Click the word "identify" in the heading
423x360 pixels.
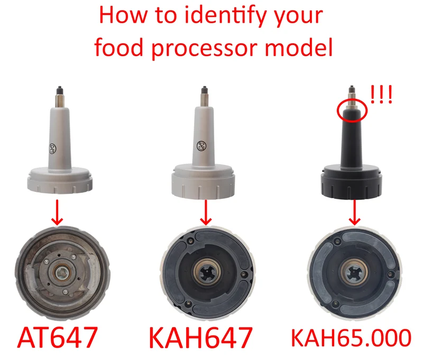point(227,16)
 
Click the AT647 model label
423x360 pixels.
point(57,337)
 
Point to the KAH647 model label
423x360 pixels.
point(201,337)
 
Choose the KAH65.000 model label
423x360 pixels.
point(351,337)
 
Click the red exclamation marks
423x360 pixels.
point(381,95)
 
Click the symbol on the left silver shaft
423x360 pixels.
point(52,149)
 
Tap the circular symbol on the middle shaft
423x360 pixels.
point(201,146)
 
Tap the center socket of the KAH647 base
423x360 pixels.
point(207,271)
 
